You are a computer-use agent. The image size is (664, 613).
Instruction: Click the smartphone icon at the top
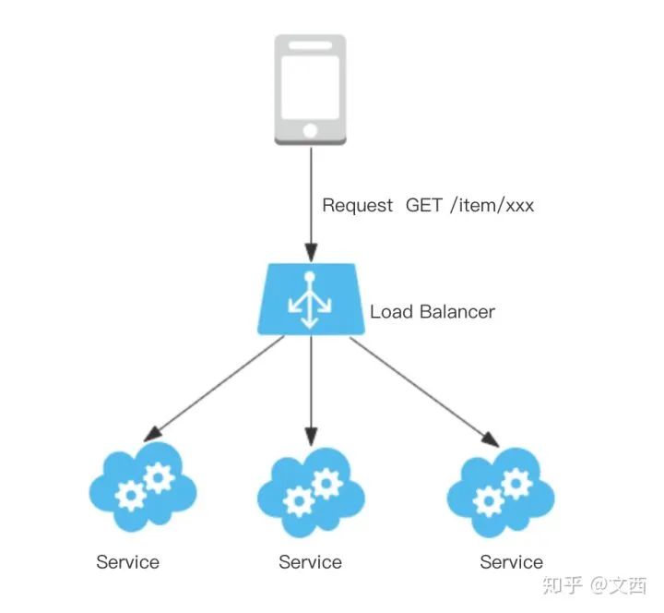(311, 89)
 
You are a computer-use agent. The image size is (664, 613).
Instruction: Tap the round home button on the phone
(311, 129)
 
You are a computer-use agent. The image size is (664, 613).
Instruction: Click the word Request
(357, 206)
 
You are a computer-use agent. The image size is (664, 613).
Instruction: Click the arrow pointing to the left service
(217, 387)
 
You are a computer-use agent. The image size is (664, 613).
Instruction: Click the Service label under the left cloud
(127, 561)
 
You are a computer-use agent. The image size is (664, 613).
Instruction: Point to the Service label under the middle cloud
(310, 561)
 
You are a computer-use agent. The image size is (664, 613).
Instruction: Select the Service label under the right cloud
(511, 561)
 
